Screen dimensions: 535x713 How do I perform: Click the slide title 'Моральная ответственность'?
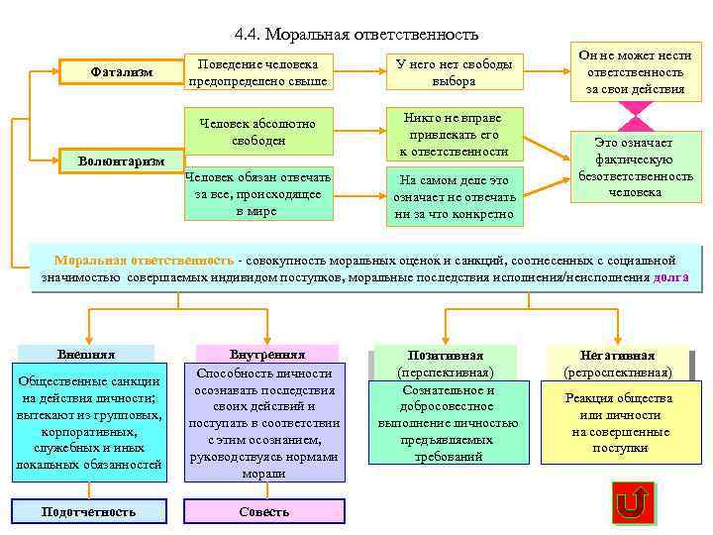click(356, 34)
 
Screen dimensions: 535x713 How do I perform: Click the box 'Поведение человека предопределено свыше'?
click(257, 72)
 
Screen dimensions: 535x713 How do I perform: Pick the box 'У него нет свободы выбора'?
click(454, 72)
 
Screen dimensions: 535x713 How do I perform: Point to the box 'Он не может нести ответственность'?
click(635, 72)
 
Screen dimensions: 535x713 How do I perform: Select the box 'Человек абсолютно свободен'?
click(257, 132)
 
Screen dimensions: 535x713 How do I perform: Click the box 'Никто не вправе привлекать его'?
click(454, 134)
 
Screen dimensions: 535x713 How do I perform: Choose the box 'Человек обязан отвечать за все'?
click(257, 193)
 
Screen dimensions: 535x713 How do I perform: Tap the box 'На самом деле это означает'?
click(454, 196)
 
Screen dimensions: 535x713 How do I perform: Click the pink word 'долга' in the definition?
click(670, 278)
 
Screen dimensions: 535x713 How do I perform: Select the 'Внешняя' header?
click(87, 354)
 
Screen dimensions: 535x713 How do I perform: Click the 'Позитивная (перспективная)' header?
click(446, 363)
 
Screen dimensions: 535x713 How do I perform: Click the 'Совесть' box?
click(264, 511)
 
